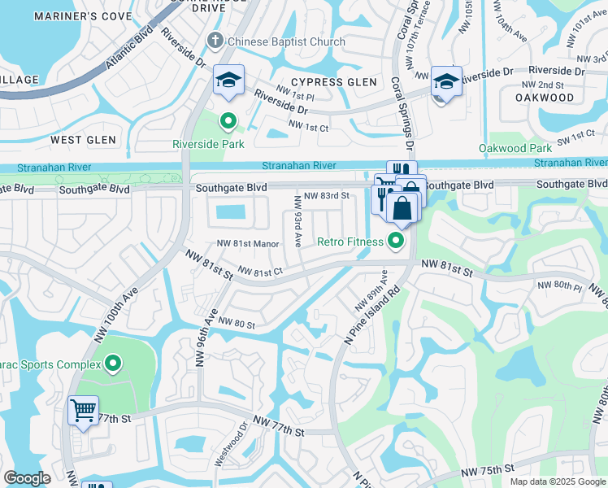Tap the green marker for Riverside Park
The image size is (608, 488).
(228, 122)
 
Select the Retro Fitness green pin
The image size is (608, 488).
(396, 240)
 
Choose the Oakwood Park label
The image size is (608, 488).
(515, 148)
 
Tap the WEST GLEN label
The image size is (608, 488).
(83, 140)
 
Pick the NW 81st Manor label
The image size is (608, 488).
(248, 243)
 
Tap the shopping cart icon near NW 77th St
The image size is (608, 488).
(83, 410)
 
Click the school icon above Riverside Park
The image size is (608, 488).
(228, 80)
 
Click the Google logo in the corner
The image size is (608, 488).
(28, 478)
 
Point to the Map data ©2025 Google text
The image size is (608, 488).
(558, 481)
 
